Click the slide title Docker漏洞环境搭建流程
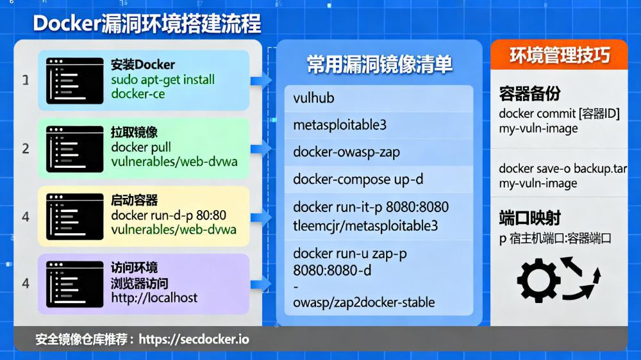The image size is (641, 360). [x=147, y=24]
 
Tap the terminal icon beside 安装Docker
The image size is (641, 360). [x=74, y=81]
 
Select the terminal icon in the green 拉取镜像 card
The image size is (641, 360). [x=74, y=149]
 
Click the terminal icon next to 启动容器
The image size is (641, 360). [x=74, y=216]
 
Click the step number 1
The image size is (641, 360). [x=26, y=81]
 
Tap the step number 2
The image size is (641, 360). [x=26, y=149]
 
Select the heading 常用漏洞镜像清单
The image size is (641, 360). [x=379, y=64]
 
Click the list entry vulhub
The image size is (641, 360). [x=314, y=98]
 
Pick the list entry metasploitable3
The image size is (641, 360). [x=340, y=125]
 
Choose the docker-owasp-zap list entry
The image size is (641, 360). [x=347, y=152]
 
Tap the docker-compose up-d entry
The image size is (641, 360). [x=358, y=179]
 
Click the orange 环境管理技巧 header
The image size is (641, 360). [x=559, y=56]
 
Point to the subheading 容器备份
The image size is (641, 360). [x=529, y=94]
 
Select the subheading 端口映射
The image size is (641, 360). [x=529, y=218]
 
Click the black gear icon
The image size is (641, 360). [x=538, y=279]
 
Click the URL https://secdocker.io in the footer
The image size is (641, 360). [x=194, y=339]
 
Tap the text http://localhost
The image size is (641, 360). [x=154, y=297]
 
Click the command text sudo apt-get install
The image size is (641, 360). [x=163, y=80]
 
